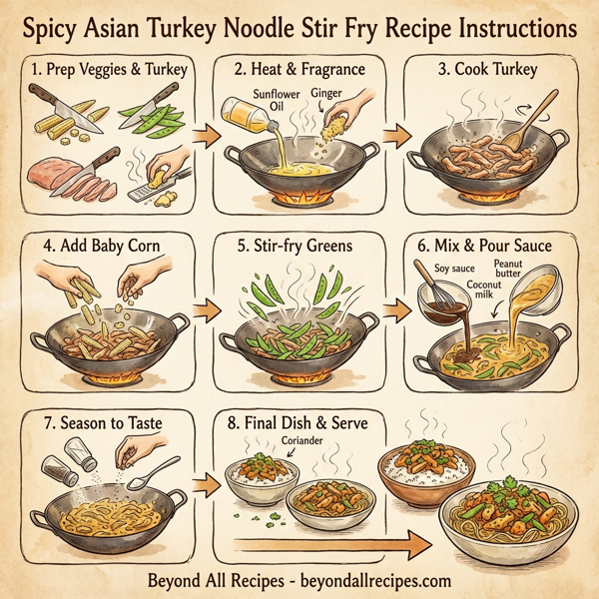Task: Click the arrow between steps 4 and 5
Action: coord(201,310)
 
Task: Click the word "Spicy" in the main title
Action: coord(64,26)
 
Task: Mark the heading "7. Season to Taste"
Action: coord(99,423)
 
